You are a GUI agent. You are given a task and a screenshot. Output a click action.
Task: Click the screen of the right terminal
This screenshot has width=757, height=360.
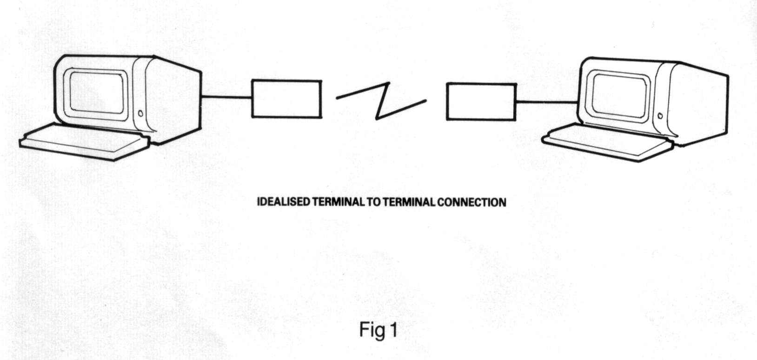click(x=619, y=95)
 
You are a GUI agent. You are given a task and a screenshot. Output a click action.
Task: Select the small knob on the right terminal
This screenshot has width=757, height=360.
click(x=660, y=116)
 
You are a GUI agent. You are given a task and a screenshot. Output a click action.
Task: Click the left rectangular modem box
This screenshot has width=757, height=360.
click(x=286, y=99)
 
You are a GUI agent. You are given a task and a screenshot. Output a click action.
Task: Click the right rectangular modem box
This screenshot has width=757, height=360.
click(x=481, y=101)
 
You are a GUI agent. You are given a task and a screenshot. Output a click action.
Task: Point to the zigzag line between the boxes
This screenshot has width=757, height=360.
click(x=381, y=100)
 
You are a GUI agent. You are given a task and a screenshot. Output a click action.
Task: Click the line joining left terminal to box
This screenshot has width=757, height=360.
click(x=226, y=97)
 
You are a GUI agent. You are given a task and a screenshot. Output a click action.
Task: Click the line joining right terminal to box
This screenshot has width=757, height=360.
click(x=547, y=101)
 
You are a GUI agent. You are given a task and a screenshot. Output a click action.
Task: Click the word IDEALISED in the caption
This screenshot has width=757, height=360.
click(x=284, y=202)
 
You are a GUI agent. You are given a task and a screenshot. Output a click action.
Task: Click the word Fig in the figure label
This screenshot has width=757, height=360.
click(x=372, y=331)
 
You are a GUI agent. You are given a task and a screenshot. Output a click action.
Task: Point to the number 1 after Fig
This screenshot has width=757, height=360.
click(x=394, y=330)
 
